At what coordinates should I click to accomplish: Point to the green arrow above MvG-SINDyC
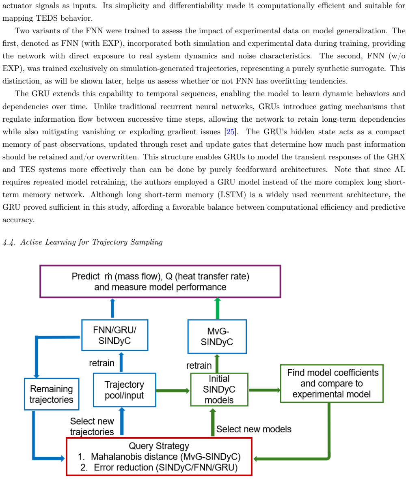point(218,308)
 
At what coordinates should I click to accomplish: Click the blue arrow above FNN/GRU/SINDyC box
point(112,308)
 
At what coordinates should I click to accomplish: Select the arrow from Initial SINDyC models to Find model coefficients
point(264,390)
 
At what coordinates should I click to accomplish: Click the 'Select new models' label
point(254,429)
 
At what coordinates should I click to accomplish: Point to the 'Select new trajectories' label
point(92,426)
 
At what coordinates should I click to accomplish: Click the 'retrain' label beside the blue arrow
point(101,363)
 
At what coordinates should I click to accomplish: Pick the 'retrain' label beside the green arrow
point(199,365)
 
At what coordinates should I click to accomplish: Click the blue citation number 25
point(230,132)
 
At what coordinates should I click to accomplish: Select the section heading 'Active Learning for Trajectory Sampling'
point(91,242)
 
